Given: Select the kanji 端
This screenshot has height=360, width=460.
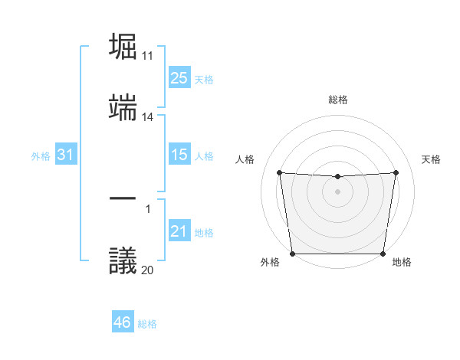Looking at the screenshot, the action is (123, 109).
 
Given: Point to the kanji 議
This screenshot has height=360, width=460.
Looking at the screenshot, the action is (123, 260).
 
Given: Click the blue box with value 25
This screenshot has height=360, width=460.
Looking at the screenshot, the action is (179, 78).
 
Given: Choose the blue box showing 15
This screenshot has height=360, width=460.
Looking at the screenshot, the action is (179, 155).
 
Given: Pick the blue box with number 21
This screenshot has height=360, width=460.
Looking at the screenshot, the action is (179, 231).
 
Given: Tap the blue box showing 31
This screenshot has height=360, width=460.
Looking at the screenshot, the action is (66, 155).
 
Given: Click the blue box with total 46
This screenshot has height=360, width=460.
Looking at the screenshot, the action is (122, 322).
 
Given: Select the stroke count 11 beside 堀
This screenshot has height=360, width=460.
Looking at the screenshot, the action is (148, 56).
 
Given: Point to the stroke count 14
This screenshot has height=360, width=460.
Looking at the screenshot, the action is (148, 118).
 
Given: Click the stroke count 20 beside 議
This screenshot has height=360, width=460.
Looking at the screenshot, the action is (148, 270).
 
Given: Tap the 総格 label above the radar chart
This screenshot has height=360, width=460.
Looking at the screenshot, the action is (338, 100).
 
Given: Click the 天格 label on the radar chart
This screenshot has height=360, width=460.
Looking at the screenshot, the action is (431, 159).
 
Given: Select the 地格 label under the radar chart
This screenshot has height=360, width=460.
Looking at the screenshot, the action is (402, 263).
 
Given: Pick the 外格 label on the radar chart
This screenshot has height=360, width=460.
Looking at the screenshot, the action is (271, 263).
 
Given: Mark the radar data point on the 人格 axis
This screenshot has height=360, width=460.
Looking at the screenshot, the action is (280, 172).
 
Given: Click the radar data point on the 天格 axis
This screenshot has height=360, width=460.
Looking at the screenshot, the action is (396, 172).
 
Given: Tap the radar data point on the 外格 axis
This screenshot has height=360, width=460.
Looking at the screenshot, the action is (292, 254).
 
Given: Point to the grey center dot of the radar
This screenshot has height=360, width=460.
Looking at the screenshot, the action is (338, 191).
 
